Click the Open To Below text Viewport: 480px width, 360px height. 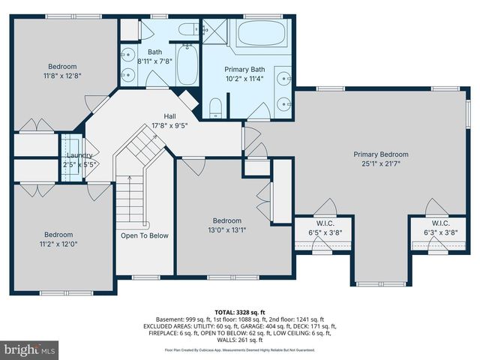click(x=145, y=235)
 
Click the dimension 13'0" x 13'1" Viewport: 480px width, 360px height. click(x=227, y=230)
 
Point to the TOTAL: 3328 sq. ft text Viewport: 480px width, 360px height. click(x=240, y=310)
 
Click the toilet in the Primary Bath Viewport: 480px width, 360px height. click(x=214, y=107)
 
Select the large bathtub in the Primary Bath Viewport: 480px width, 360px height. click(x=260, y=34)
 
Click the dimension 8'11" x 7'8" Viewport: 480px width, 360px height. click(x=154, y=61)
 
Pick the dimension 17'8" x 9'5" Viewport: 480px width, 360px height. click(x=169, y=125)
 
